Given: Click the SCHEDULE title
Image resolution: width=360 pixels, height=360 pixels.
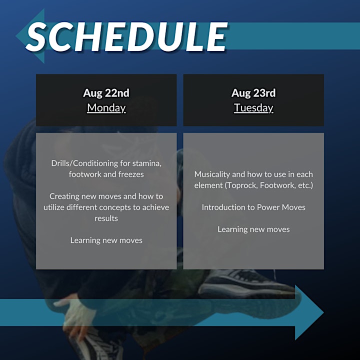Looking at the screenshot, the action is click(x=127, y=36).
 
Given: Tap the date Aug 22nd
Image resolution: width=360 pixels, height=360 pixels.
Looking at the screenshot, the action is click(x=106, y=93).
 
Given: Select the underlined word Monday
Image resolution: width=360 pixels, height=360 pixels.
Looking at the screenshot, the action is click(x=106, y=108).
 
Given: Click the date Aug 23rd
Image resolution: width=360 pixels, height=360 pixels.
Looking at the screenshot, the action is click(x=253, y=93).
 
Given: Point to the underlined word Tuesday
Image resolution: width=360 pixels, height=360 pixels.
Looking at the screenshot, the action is click(x=253, y=108).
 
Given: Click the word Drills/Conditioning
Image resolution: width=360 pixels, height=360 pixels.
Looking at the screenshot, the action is click(x=84, y=163).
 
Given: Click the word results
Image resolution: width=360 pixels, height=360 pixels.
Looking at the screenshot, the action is click(x=106, y=218).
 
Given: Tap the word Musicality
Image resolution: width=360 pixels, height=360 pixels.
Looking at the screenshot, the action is click(x=212, y=174).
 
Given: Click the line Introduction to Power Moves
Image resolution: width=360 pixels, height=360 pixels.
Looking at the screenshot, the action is click(x=253, y=207).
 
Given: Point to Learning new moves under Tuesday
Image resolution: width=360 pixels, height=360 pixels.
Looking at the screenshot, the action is click(x=253, y=229).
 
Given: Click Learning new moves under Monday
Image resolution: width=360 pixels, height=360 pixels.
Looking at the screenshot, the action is click(x=106, y=240).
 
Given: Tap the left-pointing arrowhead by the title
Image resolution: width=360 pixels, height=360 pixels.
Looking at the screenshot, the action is click(x=30, y=36).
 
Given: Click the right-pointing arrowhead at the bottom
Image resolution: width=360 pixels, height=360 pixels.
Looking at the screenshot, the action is click(x=309, y=312).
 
